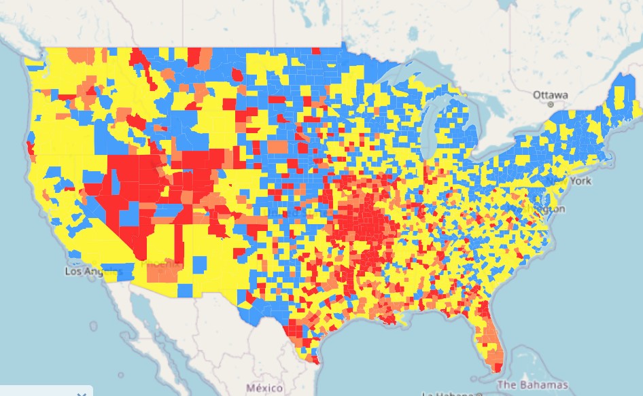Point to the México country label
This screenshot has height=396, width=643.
tap(264, 387)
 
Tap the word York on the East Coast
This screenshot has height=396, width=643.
tap(580, 181)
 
